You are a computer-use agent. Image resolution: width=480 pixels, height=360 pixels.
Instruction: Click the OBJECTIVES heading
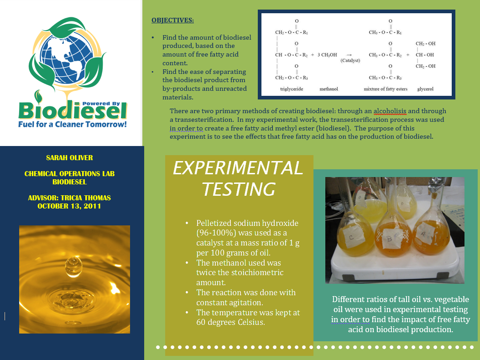tap(172, 20)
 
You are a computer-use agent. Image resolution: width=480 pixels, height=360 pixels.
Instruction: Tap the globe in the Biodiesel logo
tap(67, 58)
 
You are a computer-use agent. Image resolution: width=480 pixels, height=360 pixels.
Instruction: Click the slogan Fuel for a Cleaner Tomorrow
tap(73, 124)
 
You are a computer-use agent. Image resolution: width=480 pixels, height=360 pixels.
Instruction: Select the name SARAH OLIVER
tap(69, 158)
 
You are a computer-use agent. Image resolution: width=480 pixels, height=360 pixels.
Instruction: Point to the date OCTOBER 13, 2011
tap(69, 206)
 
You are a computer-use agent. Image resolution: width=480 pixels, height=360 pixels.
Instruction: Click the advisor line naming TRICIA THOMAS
tap(69, 198)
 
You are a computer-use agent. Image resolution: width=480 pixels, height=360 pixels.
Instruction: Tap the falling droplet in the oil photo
tap(73, 266)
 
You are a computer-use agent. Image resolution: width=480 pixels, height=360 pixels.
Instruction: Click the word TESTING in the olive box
tap(239, 189)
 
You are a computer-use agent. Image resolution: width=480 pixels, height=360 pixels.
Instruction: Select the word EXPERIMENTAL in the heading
tap(238, 168)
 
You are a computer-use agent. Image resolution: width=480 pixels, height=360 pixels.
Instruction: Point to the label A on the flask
tap(424, 233)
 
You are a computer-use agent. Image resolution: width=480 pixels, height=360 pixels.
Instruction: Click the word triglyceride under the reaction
tap(292, 89)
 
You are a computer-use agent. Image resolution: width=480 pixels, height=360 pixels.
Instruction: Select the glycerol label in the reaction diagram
tap(425, 89)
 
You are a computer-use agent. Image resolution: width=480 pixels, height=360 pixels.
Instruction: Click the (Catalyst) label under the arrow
tap(350, 60)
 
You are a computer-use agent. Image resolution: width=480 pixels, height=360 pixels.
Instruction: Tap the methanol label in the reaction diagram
tap(329, 89)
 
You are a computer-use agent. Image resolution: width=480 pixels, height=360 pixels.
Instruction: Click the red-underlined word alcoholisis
tap(390, 111)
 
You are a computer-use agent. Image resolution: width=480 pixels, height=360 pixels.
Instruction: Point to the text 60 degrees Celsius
tap(230, 322)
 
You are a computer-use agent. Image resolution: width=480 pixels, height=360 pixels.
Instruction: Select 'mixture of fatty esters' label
tap(386, 89)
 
